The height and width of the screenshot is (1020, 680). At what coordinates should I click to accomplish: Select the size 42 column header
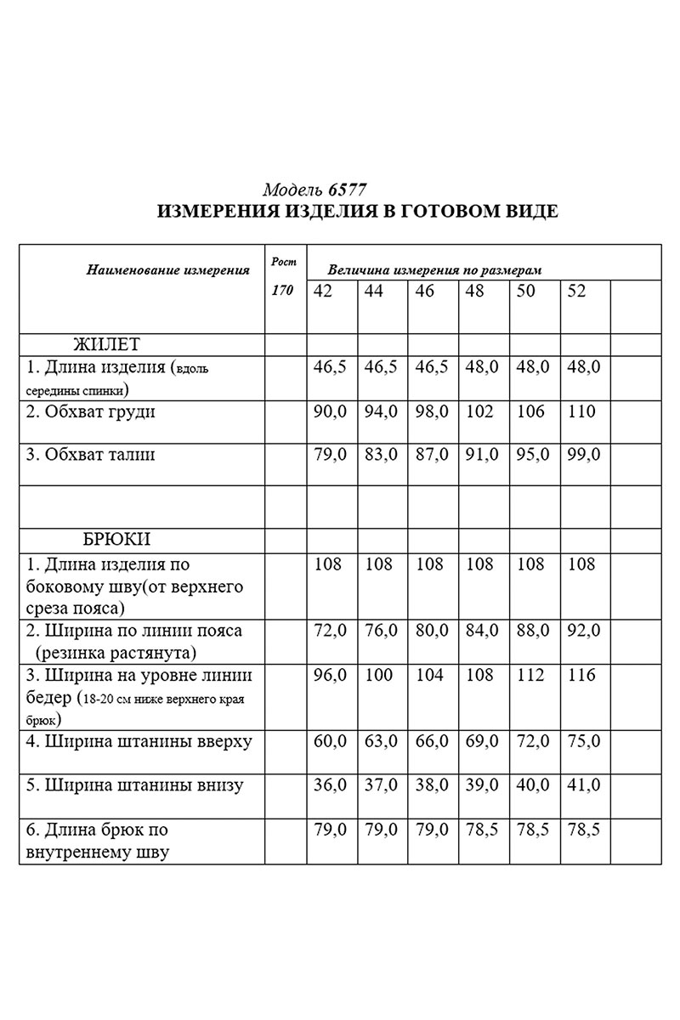323,292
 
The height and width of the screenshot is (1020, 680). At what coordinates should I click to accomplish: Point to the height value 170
282,291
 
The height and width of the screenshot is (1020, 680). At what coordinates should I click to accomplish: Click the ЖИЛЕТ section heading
106,344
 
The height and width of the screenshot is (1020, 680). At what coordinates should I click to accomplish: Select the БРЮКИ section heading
116,540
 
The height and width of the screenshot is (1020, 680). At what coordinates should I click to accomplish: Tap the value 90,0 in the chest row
331,412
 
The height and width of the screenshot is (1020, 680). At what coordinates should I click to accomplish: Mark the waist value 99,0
583,455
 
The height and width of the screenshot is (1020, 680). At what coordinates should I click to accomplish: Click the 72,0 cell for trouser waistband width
331,631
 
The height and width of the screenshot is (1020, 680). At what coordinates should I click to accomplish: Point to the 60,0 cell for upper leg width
331,742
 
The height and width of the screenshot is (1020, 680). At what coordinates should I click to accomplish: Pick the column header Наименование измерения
167,271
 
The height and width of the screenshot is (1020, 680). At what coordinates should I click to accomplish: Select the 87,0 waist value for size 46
432,455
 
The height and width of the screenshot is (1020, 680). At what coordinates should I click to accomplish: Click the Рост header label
283,262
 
